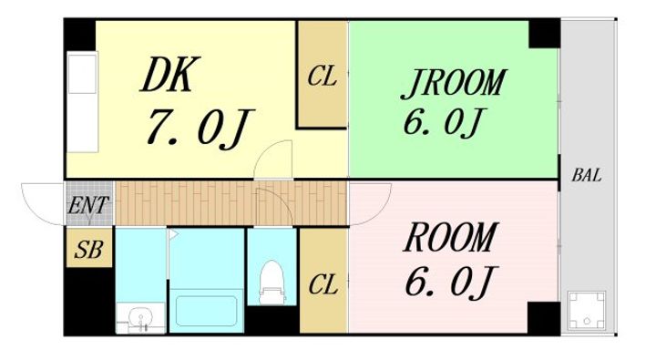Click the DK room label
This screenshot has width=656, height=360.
169,75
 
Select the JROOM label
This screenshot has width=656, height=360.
454,83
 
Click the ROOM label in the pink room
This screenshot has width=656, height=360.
451,237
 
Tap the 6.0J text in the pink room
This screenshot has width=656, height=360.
451,282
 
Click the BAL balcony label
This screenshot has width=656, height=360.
587,175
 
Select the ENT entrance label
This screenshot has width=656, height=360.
87,205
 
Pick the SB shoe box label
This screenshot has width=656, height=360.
88,250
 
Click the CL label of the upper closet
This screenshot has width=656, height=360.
323,77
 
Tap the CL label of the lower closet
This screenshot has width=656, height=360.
323,285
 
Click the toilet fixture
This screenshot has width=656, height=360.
272,283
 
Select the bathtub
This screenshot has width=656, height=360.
207,311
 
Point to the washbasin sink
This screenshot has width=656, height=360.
140,318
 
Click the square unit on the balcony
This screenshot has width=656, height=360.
587,310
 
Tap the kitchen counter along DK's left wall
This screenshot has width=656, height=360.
83,102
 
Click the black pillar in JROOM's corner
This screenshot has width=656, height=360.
544,34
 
